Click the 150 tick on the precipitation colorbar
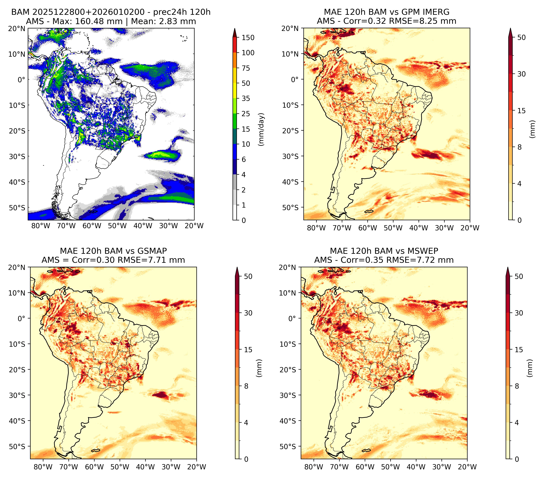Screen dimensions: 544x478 point(248,38)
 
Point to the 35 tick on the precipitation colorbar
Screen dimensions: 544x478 point(246,98)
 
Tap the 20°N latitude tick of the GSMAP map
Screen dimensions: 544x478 point(16,267)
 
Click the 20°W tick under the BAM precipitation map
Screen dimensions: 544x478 point(194,226)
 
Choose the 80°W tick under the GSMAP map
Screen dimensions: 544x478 point(43,467)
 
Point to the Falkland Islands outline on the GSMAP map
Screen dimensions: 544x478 point(95,450)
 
